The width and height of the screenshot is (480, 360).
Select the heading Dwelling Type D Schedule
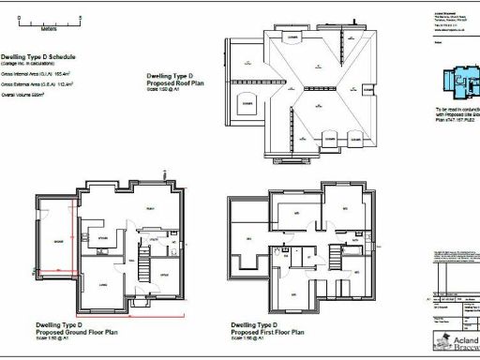click(x=37, y=56)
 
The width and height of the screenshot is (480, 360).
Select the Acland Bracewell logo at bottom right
click(x=455, y=342)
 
